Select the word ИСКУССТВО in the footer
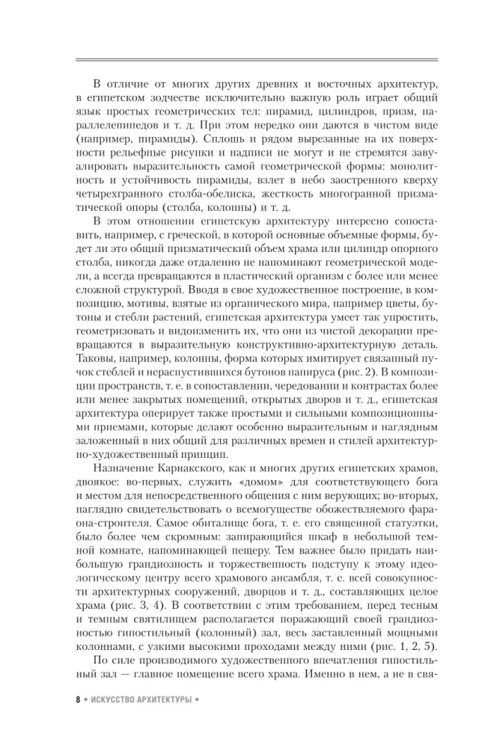coord(113,702)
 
